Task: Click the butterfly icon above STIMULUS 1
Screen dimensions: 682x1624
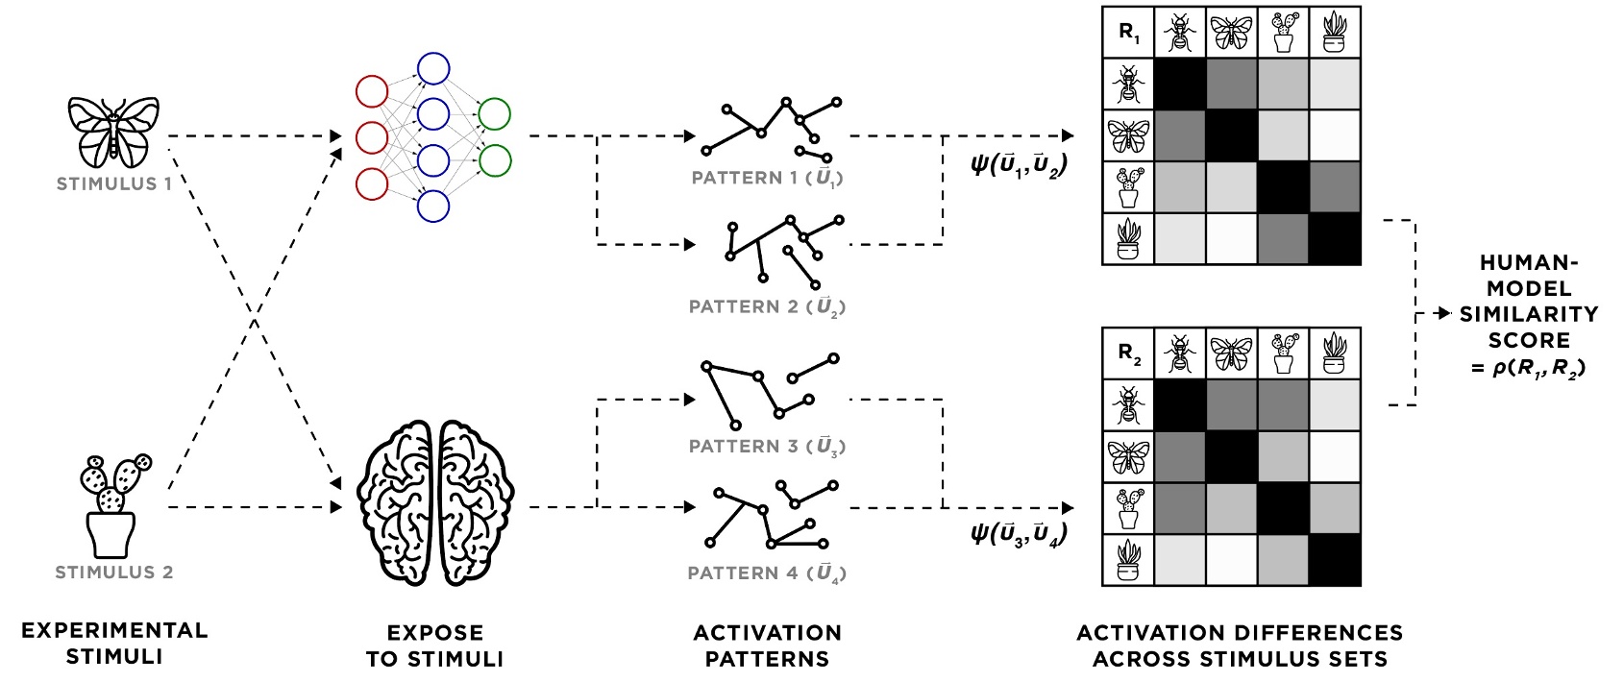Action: (x=113, y=131)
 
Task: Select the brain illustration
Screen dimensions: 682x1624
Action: (x=435, y=501)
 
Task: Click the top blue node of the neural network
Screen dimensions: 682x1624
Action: (x=432, y=68)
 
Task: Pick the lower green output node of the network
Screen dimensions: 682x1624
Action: (x=494, y=159)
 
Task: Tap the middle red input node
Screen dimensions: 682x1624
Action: (x=372, y=137)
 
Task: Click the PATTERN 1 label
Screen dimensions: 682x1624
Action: (x=767, y=179)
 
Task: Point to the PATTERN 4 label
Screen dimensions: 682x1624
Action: (x=767, y=573)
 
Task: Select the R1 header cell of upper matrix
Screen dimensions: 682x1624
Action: (x=1129, y=33)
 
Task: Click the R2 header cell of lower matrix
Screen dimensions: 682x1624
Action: (x=1129, y=354)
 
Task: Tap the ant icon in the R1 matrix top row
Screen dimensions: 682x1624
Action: (x=1179, y=34)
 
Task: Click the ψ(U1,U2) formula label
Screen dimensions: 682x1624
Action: (x=1019, y=166)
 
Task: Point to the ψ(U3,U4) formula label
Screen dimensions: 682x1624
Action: (x=1019, y=534)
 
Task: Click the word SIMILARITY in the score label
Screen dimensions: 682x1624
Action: (x=1528, y=314)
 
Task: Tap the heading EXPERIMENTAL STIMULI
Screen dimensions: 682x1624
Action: (x=113, y=644)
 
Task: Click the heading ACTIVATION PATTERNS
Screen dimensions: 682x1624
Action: (x=767, y=645)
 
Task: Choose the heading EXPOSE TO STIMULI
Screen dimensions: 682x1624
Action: (x=434, y=645)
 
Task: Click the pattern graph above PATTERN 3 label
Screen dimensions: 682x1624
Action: (x=769, y=389)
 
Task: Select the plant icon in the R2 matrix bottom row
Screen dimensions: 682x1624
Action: (x=1128, y=560)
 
